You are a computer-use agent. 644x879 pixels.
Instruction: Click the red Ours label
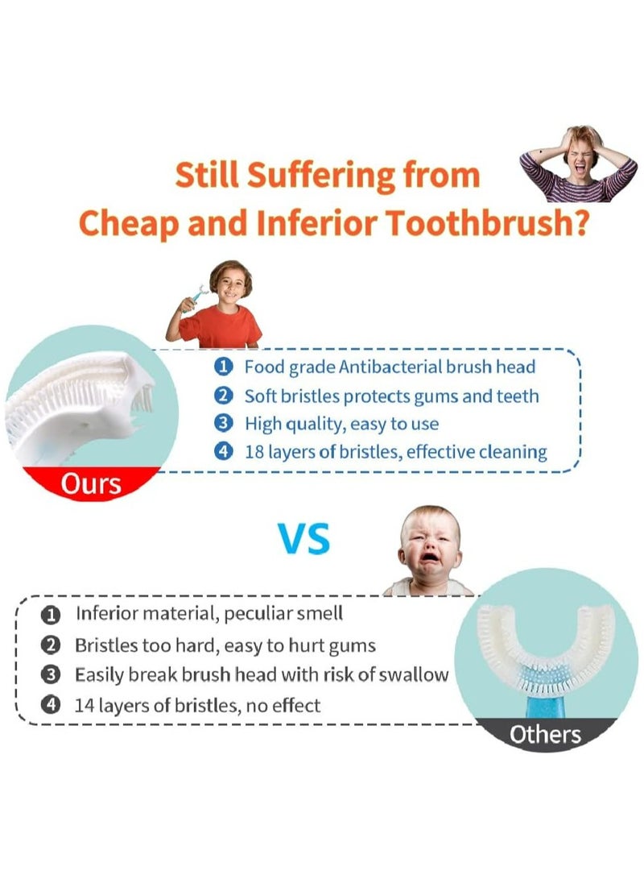pyautogui.click(x=91, y=483)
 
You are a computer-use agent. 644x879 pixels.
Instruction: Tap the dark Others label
pyautogui.click(x=544, y=734)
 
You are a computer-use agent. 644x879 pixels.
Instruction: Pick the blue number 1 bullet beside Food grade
pyautogui.click(x=224, y=367)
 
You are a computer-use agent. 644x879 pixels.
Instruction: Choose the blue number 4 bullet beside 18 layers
pyautogui.click(x=224, y=451)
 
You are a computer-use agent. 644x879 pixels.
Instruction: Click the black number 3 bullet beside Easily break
pyautogui.click(x=51, y=675)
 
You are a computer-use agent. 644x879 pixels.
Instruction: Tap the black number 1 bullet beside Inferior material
pyautogui.click(x=51, y=615)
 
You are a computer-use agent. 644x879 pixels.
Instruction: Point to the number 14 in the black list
pyautogui.click(x=85, y=706)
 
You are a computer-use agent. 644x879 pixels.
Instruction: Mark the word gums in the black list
pyautogui.click(x=354, y=645)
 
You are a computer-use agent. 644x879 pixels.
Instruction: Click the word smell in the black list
pyautogui.click(x=317, y=614)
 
